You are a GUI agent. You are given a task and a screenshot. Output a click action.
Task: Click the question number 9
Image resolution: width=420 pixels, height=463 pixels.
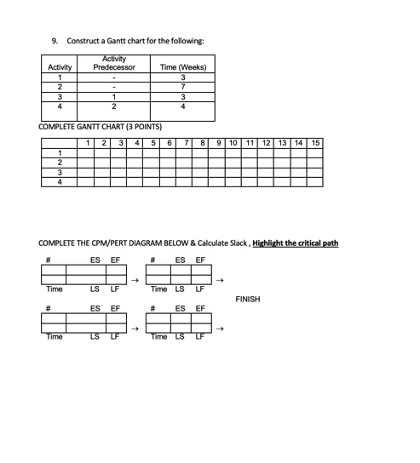click(x=55, y=41)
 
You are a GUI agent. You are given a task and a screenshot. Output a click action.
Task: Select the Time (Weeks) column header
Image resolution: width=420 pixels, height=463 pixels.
click(x=182, y=67)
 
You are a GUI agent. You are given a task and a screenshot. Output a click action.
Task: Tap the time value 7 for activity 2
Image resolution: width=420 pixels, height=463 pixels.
click(x=182, y=88)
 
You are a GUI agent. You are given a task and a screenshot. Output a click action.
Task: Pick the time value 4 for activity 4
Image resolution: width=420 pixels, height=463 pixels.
click(x=182, y=106)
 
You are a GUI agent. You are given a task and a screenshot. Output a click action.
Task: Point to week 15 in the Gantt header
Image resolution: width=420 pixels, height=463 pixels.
click(x=315, y=142)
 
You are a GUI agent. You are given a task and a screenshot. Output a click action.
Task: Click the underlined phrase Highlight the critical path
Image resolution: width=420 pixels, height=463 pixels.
click(x=296, y=243)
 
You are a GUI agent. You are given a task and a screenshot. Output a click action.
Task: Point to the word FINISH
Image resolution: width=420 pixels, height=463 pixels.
click(x=247, y=300)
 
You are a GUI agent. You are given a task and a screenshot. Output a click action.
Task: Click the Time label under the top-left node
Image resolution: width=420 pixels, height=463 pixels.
click(x=54, y=290)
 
